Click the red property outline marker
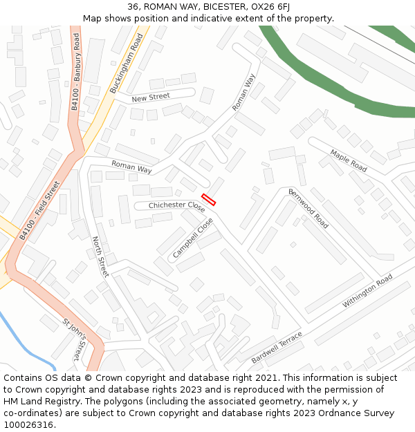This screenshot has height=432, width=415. pos(208,200)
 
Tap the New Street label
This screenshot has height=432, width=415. pos(150,98)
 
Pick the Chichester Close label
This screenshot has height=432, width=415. pos(176,205)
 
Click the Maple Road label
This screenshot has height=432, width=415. pos(348,161)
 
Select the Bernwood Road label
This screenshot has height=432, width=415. pos(308,209)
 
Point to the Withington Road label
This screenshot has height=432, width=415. pos(367,291)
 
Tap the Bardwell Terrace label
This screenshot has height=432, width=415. pos(277,348)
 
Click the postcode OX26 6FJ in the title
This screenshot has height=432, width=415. pos(270,6)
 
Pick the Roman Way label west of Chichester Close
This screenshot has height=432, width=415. pos(131,167)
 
